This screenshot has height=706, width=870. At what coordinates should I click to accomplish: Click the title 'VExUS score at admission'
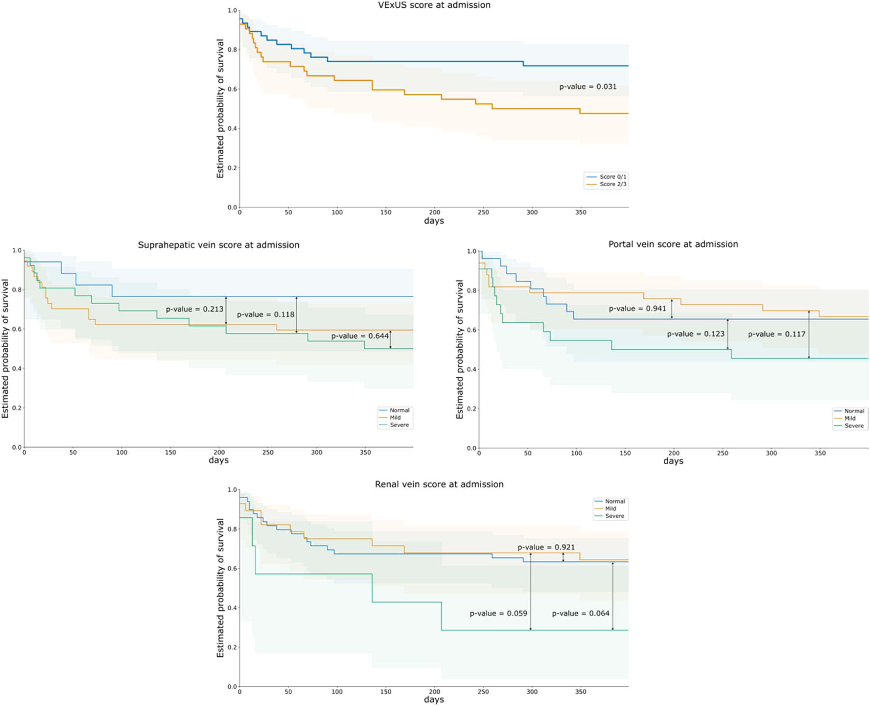click(x=434, y=5)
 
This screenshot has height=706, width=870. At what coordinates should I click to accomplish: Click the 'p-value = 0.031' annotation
click(x=588, y=87)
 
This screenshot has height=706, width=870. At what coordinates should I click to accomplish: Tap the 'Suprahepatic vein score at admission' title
click(x=219, y=245)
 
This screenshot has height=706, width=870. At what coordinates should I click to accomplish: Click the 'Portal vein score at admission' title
click(x=673, y=244)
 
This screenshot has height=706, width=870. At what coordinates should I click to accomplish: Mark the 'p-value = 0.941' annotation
click(x=637, y=309)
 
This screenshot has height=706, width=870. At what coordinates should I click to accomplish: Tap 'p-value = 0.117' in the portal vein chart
click(x=777, y=334)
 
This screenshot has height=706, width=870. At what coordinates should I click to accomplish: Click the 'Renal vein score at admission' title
click(x=439, y=484)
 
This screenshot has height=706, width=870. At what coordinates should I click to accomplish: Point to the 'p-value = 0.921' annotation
click(x=546, y=547)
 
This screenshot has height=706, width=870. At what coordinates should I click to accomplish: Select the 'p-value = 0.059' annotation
click(x=498, y=613)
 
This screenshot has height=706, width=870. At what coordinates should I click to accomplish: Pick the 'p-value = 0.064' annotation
click(x=580, y=613)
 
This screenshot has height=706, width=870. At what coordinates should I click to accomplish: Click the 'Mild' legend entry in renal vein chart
click(x=610, y=509)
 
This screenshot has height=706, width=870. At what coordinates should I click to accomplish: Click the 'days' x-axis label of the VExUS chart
click(x=434, y=221)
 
